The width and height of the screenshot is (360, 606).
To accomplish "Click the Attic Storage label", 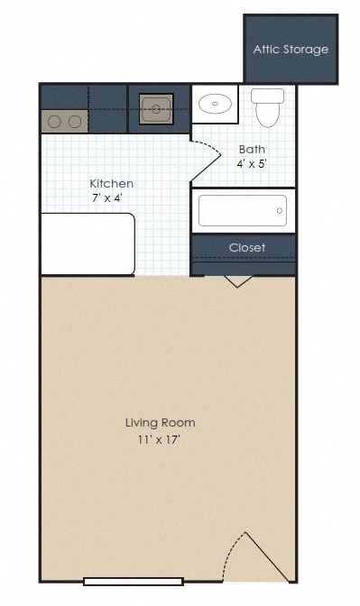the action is coord(291,50).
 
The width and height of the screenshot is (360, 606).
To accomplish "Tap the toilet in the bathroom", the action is coord(267,107).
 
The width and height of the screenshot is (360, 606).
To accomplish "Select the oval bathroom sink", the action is coord(215,104).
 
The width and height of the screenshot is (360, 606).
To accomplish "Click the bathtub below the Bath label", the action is coord(243,211).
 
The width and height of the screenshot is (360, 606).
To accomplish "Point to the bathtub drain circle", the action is coord(280,211).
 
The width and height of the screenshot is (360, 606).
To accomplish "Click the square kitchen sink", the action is coord(156,109).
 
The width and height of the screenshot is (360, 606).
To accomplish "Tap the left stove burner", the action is coord(54,122).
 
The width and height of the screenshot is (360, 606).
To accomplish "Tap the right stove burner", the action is coord(75,122).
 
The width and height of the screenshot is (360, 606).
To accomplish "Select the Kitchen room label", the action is coord(111,183).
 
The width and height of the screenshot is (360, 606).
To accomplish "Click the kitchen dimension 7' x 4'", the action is coord(107,197).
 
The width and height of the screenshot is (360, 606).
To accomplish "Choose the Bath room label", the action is coord(252,149).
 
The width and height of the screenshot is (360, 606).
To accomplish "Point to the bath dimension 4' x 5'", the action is coord(252,164).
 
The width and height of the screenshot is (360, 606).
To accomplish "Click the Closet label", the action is coord(247,247).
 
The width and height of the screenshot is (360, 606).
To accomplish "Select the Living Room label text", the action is coord(160,422).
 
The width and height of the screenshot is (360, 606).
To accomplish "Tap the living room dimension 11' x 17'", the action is coord(160,439).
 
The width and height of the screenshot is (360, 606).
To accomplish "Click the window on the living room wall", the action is coord(134,582).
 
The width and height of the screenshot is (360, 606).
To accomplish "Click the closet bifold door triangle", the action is coord(237,281).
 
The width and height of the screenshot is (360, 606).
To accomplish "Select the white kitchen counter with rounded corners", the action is coord(88,243).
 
